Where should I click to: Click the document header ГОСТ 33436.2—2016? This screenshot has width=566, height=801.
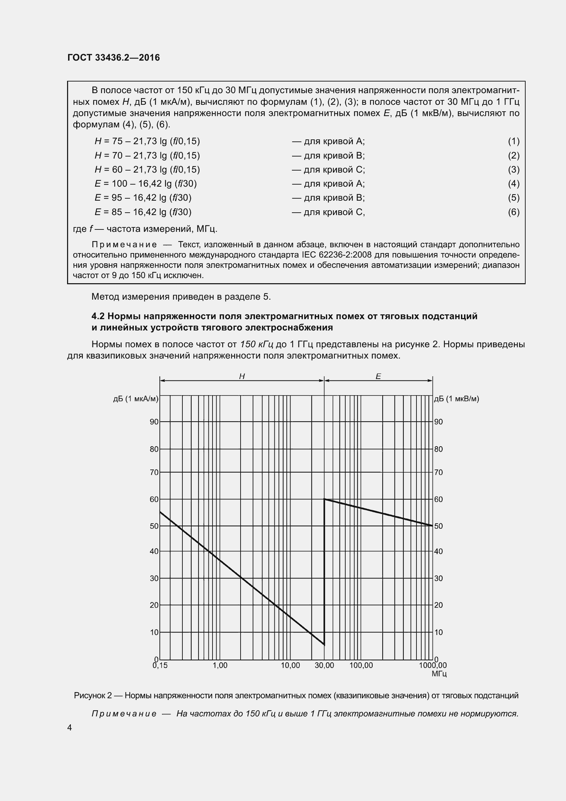tap(114, 58)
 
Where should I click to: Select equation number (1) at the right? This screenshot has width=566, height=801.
tap(513, 141)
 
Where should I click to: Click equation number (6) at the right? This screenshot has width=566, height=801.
tap(513, 212)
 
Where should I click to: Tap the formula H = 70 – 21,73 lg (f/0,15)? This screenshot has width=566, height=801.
tap(147, 155)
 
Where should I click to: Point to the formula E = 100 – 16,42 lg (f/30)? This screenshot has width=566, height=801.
tap(143, 184)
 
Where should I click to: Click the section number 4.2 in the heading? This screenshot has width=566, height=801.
tap(98, 316)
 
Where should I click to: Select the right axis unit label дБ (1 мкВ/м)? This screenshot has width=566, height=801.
tap(456, 399)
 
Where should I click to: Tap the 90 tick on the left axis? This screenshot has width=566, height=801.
tap(154, 422)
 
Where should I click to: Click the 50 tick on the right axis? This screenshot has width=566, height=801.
tap(438, 526)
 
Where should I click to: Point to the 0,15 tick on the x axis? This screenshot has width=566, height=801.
tap(160, 665)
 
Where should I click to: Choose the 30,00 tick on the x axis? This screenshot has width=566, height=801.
tap(324, 665)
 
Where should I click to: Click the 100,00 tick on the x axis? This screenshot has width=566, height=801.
tap(361, 665)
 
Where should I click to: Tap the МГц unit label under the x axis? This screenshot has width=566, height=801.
tap(439, 674)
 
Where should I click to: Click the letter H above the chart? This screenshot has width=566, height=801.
tap(242, 376)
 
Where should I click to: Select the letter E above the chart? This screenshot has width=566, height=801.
tap(378, 376)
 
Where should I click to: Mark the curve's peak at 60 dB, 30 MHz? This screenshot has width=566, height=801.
tap(324, 499)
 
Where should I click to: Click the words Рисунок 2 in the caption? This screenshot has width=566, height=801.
tap(93, 696)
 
